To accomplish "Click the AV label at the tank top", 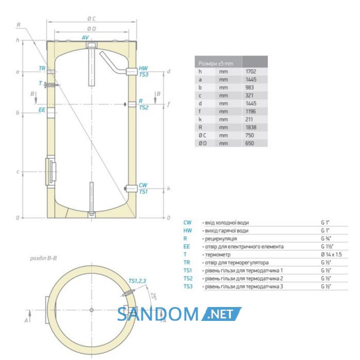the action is [x=85, y=38].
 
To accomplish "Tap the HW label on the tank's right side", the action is [x=143, y=68].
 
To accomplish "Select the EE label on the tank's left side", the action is [x=42, y=110].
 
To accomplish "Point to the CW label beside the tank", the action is [x=143, y=185].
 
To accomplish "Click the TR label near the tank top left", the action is [x=42, y=68].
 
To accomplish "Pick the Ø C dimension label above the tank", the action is [x=92, y=19].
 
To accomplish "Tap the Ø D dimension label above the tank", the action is [x=92, y=29].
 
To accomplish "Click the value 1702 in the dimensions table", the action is [x=251, y=71].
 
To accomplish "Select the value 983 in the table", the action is [x=249, y=87].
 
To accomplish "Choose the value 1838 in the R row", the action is [x=251, y=128].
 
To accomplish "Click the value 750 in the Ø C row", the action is [x=249, y=135].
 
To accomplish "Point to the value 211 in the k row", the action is [x=249, y=119].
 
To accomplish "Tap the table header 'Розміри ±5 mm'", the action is [x=215, y=64].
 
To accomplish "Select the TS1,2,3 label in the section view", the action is [x=137, y=281].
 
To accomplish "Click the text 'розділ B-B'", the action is [x=43, y=258].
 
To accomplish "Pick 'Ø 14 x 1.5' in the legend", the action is [x=331, y=255].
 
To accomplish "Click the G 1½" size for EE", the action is [x=327, y=246].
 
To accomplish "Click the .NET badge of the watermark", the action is [x=221, y=314].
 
